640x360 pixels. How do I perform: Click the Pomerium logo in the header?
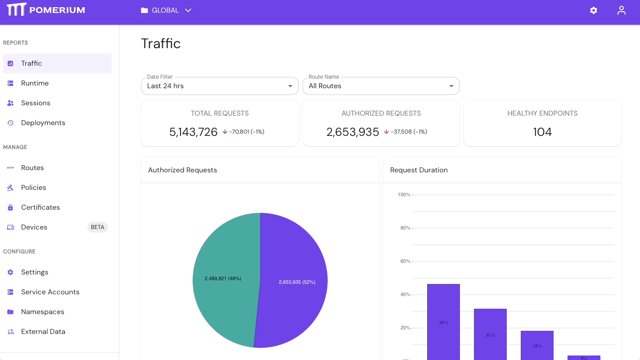45,10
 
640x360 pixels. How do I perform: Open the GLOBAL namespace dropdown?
166,10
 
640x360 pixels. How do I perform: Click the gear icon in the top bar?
594,10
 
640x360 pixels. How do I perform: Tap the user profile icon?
622,10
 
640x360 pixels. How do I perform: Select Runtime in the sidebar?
35,83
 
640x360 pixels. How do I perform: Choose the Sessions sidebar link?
36,103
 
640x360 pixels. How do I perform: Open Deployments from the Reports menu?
43,123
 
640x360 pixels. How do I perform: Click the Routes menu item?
32,168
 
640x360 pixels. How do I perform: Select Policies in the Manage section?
33,188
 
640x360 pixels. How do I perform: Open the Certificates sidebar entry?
40,207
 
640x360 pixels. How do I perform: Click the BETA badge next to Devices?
97,227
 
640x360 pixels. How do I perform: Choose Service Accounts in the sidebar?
50,292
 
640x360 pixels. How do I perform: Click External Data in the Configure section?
43,332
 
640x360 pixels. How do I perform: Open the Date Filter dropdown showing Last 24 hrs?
220,86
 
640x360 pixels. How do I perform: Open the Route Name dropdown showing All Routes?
381,86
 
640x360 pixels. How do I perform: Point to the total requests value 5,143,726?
193,132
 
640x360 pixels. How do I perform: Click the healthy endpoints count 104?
542,132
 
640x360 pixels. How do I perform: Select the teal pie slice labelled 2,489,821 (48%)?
223,279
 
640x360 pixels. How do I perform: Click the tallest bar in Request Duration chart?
443,322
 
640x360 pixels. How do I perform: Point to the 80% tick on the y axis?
405,228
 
